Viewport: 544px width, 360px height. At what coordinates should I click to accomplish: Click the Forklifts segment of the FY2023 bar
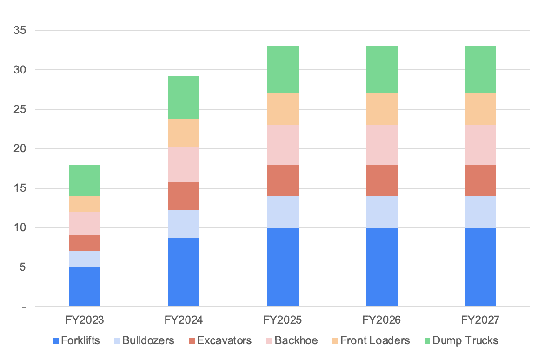(85, 287)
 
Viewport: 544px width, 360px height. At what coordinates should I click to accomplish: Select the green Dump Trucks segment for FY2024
(184, 97)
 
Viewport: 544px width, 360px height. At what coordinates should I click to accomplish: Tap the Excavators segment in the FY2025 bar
(283, 180)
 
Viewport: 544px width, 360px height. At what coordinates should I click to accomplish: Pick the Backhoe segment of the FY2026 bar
(382, 145)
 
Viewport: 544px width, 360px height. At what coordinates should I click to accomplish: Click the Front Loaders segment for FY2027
(481, 109)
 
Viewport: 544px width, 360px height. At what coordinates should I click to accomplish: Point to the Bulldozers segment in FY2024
(184, 224)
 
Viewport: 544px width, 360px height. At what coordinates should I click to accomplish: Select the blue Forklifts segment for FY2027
(481, 267)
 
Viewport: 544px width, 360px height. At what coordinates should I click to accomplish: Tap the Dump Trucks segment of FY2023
(85, 180)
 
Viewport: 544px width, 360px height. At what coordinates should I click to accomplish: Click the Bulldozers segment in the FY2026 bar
(382, 212)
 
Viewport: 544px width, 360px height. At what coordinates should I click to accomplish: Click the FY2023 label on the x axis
(85, 320)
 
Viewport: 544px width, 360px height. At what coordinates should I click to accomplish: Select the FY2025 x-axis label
(283, 320)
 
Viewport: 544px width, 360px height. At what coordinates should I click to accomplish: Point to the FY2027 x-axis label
(481, 320)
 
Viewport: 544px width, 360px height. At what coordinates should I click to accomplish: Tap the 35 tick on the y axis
(20, 31)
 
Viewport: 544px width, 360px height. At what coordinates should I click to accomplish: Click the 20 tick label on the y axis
(20, 149)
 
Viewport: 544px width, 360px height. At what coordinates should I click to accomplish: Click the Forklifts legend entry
(76, 340)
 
